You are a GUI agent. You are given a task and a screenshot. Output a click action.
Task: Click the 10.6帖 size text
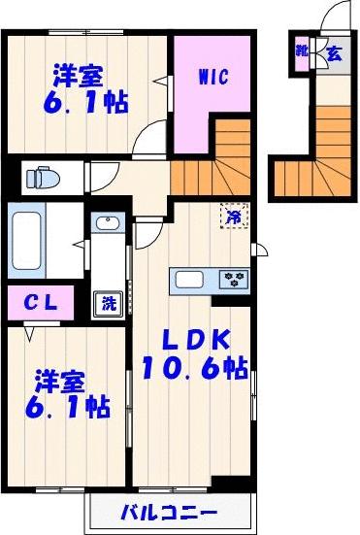tap(195, 369)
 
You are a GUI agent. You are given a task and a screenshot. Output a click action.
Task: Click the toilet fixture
tap(42, 178)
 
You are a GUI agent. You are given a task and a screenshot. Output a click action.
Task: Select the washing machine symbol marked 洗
tap(109, 302)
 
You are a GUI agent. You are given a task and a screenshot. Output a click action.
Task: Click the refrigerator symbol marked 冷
tap(234, 217)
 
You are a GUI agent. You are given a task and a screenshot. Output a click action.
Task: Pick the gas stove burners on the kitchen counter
tap(235, 280)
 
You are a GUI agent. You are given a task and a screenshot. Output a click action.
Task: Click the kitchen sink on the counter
tap(189, 281)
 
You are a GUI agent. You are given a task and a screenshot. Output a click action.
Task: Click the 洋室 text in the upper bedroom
tap(79, 75)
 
